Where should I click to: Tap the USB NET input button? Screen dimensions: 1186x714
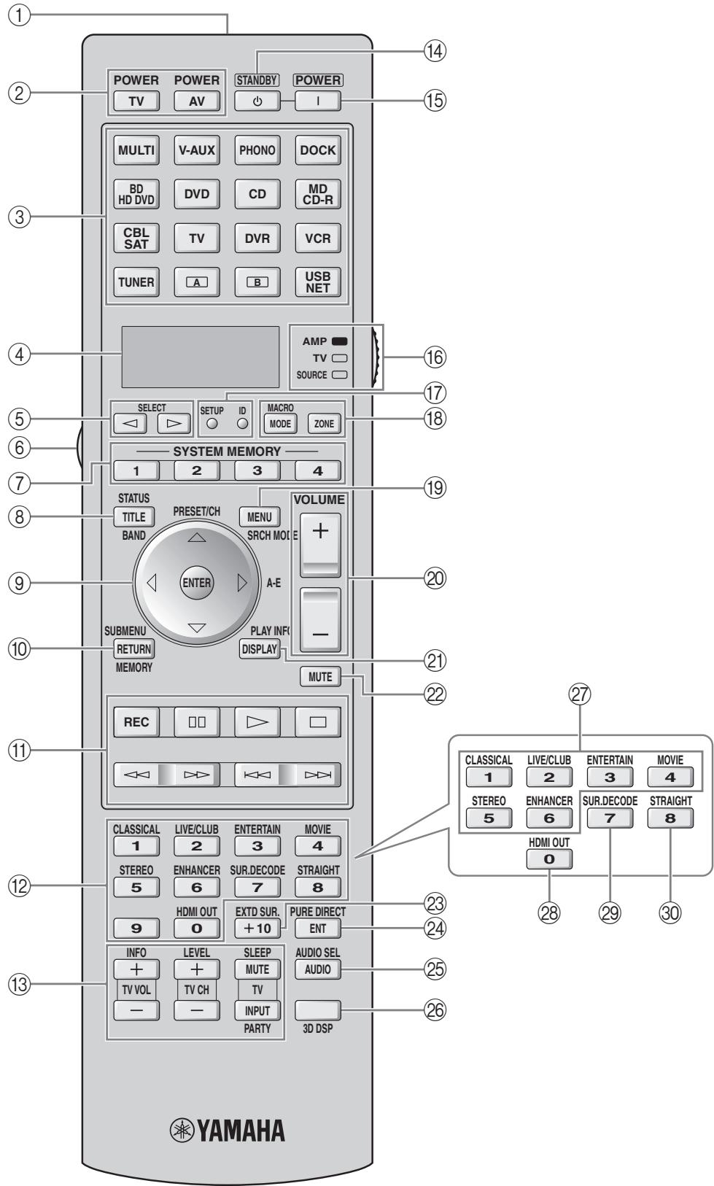[318, 282]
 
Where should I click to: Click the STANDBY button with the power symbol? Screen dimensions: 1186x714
[257, 101]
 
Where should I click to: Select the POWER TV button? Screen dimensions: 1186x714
[136, 101]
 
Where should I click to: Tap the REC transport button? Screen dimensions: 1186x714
[136, 722]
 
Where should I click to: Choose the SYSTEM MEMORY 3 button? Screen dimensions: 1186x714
[257, 471]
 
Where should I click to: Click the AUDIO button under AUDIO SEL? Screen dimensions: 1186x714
[318, 969]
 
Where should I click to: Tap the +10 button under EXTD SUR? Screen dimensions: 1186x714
[257, 929]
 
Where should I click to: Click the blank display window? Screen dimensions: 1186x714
[201, 356]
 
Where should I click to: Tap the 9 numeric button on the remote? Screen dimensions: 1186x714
[136, 929]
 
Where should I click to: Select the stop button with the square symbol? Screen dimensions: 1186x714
[318, 722]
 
